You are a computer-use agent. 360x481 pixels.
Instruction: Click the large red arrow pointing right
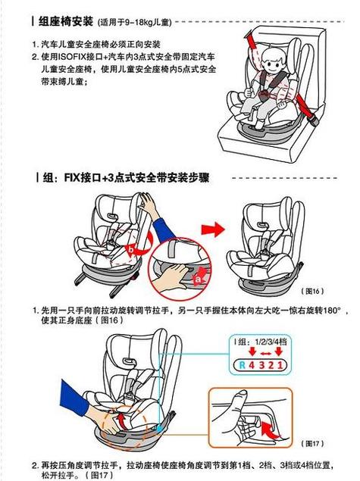click(x=213, y=230)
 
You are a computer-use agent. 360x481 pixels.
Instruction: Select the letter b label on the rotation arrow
click(x=131, y=250)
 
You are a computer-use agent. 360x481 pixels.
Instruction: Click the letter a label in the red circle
click(x=198, y=279)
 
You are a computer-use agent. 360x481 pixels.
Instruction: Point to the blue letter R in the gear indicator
click(x=243, y=365)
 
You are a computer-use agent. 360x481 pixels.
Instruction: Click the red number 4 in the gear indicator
click(x=252, y=365)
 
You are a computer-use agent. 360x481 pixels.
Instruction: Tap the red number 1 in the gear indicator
click(x=280, y=365)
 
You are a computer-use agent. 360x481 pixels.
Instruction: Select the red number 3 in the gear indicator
click(x=261, y=365)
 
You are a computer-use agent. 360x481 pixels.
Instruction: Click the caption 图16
click(x=312, y=291)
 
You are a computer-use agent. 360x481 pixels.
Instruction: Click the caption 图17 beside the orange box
click(x=312, y=443)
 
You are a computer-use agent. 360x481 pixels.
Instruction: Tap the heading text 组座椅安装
click(x=65, y=21)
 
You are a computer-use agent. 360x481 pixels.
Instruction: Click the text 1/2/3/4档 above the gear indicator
click(x=271, y=342)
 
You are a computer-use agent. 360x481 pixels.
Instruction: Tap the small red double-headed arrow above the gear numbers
click(x=265, y=354)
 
